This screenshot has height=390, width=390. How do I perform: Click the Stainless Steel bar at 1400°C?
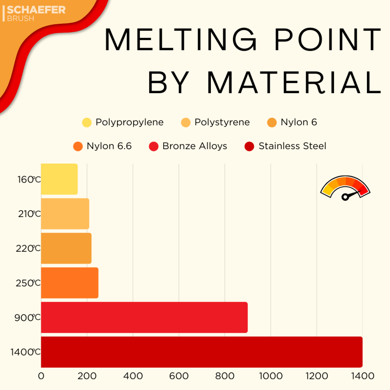201,352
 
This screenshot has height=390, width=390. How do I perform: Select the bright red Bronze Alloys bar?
144,317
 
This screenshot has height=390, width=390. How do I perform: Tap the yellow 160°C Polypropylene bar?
59,179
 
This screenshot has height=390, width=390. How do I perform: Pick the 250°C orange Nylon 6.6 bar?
70,283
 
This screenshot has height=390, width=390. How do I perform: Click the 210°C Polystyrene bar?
65,214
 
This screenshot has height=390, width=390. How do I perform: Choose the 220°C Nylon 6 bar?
66,248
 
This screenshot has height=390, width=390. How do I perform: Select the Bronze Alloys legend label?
195,146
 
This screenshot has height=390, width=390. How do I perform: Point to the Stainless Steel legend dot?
250,147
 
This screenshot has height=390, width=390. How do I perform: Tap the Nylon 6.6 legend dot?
78,147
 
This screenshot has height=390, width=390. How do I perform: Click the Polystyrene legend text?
222,122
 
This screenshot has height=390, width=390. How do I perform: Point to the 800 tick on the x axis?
225,376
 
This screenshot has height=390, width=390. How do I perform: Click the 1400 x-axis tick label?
362,376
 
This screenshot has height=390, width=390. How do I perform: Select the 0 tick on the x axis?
41,376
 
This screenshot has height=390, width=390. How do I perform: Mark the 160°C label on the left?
29,179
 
